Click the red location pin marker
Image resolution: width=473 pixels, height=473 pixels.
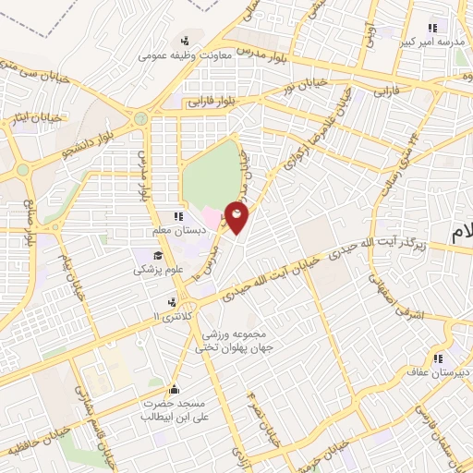237,218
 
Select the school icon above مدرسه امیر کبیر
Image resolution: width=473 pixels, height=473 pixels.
431,27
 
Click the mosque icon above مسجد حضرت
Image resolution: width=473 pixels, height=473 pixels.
174,389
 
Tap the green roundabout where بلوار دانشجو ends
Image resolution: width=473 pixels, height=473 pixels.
140,118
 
